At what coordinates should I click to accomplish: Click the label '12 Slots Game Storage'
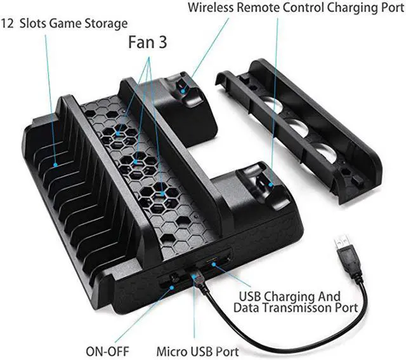point(64,23)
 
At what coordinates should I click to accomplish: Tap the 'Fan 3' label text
point(148,43)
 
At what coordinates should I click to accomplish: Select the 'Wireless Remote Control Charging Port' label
point(296,8)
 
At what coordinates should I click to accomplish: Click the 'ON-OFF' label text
point(107,352)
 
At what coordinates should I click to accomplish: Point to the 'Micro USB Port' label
point(197,352)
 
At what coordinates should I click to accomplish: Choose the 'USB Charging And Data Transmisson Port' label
point(296,302)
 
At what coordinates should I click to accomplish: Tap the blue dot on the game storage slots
point(55,165)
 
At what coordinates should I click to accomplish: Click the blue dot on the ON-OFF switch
point(171,288)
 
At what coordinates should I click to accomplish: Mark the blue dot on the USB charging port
point(214,264)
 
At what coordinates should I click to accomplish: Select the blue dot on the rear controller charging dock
point(183,91)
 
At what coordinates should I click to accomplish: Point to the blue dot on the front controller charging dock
point(271,185)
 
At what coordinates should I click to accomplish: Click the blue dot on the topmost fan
point(118,134)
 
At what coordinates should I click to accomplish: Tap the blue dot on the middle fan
point(136,162)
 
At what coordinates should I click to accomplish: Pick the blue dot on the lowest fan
point(162,194)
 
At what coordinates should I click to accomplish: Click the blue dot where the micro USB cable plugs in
point(193,276)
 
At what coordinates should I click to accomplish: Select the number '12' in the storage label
point(7,23)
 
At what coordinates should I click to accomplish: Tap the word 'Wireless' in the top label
point(211,7)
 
